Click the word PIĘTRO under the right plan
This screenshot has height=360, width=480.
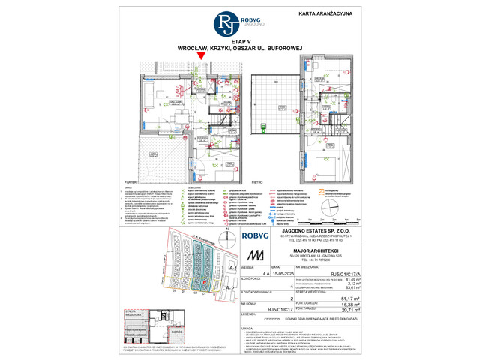[256, 181]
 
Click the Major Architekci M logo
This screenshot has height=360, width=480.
[257, 255]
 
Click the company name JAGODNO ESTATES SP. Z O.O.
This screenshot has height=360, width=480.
[322, 229]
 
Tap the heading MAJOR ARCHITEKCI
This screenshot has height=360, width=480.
[322, 250]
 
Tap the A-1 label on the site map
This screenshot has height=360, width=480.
[232, 267]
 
